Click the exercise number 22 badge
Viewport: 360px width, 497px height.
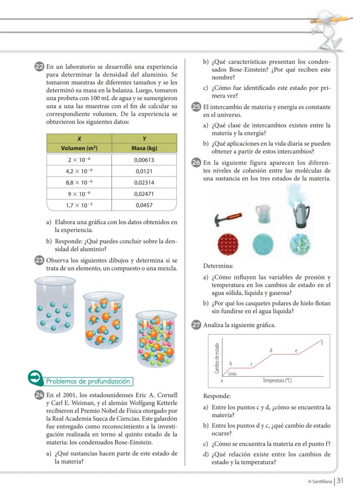pyautogui.click(x=39, y=67)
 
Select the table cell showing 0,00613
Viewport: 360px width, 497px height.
pyautogui.click(x=144, y=160)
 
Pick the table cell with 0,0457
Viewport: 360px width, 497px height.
pyautogui.click(x=144, y=205)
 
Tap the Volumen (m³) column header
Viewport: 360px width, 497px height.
pyautogui.click(x=79, y=148)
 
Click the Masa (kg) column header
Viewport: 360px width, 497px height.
pyautogui.click(x=144, y=148)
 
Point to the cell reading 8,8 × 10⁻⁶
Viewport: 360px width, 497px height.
pyautogui.click(x=79, y=182)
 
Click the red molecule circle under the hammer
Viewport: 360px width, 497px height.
pyautogui.click(x=228, y=243)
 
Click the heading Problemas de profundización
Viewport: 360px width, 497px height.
pyautogui.click(x=88, y=381)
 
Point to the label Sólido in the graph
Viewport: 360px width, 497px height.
pyautogui.click(x=232, y=374)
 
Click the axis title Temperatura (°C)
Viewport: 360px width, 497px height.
pyautogui.click(x=277, y=380)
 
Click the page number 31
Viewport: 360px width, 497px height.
pyautogui.click(x=340, y=480)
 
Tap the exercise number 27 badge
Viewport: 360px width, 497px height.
pyautogui.click(x=197, y=325)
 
